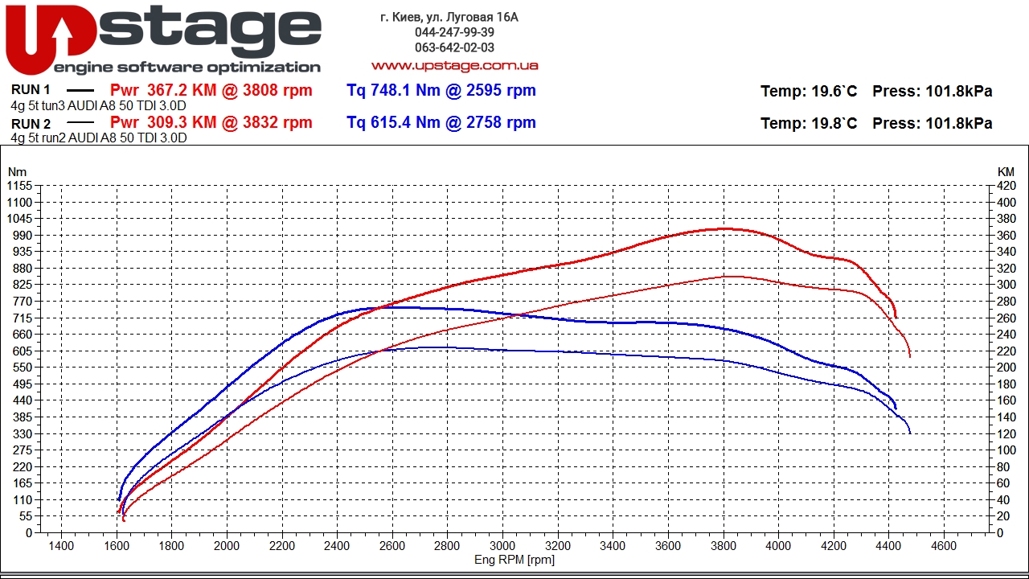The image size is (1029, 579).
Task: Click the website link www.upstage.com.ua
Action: (x=454, y=66)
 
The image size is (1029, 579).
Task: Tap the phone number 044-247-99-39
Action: (x=454, y=32)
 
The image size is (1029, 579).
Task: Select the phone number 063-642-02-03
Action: (x=454, y=47)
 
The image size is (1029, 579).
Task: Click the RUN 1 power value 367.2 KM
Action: (x=182, y=90)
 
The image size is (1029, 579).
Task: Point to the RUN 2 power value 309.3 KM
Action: (x=182, y=122)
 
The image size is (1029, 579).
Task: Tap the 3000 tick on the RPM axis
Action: (x=502, y=546)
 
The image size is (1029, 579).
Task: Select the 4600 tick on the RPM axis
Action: (x=944, y=546)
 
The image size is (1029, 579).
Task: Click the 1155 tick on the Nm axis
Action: (x=20, y=186)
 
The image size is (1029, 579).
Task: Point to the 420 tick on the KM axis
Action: (x=1006, y=186)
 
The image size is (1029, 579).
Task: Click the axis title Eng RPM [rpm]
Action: (x=514, y=560)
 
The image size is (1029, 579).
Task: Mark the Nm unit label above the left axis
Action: (x=17, y=172)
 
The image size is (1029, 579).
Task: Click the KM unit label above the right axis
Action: (x=1006, y=172)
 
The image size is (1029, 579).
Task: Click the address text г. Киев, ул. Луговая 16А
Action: (x=449, y=17)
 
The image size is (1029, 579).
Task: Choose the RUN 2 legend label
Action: (x=31, y=124)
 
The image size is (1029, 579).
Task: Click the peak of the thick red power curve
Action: (x=724, y=228)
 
